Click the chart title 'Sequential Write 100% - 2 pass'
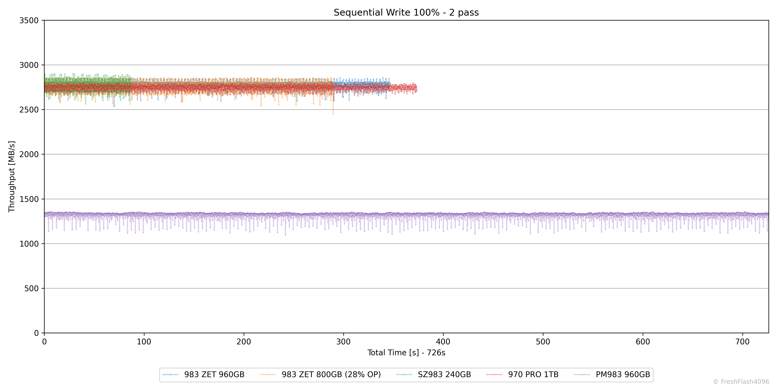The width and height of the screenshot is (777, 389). pos(406,12)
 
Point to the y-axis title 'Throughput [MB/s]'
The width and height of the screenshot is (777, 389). pos(11,177)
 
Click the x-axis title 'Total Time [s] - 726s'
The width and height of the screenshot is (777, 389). pos(406,353)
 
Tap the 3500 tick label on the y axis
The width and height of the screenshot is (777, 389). pos(29,21)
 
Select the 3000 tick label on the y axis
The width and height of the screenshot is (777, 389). pos(29,65)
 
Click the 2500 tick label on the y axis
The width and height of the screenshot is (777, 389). pos(29,110)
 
